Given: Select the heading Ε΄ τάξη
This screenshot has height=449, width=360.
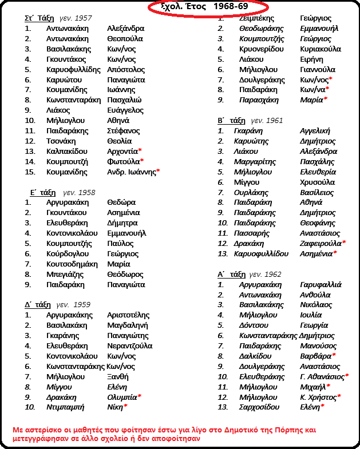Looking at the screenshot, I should coord(42,192).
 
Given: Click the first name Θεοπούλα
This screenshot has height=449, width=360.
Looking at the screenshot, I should coord(125,38).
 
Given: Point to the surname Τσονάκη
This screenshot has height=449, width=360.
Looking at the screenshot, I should coord(61,141).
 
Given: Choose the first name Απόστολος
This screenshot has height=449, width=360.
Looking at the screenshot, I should coord(126,69).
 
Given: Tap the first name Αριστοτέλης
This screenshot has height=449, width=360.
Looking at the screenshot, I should coord(128,315).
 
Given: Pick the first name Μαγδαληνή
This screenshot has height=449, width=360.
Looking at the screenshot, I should coord(128,325).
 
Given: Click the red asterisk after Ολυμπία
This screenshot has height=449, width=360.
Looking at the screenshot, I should coord(140,396).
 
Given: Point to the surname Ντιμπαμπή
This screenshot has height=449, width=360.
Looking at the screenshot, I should coord(65,407).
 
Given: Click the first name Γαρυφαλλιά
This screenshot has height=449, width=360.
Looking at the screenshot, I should coord(321,284).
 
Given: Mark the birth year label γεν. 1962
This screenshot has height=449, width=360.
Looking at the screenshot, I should coord(266,274).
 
